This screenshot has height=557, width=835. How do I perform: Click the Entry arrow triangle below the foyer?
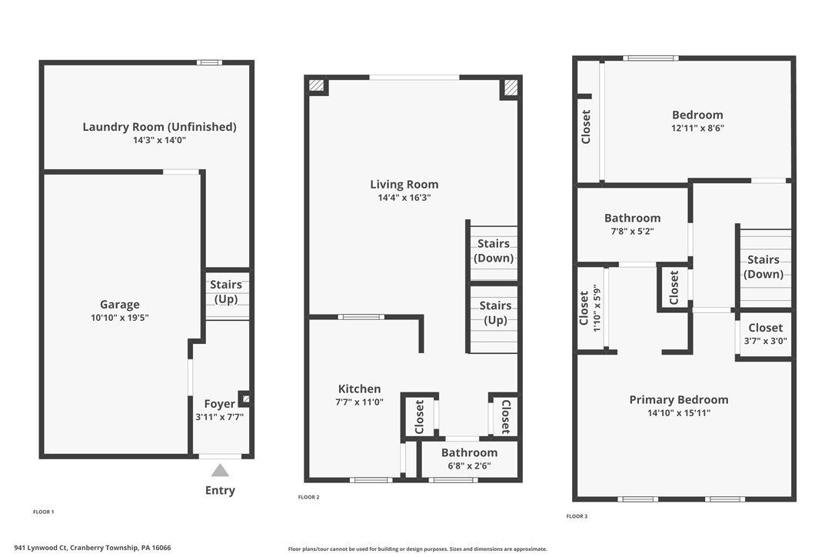click(x=220, y=470)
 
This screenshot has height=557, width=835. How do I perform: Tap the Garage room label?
click(x=120, y=304)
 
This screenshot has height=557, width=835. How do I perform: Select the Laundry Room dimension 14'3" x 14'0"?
click(x=159, y=140)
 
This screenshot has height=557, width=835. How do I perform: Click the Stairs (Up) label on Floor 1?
click(x=226, y=292)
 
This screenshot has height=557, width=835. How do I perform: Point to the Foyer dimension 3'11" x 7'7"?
click(x=219, y=417)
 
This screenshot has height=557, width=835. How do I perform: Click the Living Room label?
click(x=404, y=184)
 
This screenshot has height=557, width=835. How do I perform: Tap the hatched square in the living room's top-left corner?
click(x=316, y=85)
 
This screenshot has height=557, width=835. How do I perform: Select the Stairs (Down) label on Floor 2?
click(x=494, y=251)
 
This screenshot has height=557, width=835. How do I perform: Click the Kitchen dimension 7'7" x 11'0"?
click(x=360, y=402)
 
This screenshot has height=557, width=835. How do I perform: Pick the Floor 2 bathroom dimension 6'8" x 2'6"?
click(x=469, y=465)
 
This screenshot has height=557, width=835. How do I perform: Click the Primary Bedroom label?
click(x=679, y=399)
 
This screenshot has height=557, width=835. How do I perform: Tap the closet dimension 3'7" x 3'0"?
click(x=765, y=341)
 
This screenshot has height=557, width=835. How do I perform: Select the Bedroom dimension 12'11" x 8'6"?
click(x=697, y=128)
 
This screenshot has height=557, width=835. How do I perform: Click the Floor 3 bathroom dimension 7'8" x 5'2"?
click(x=632, y=231)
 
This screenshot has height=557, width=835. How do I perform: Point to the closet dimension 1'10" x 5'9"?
click(x=595, y=307)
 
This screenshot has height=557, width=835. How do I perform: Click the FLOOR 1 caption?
click(x=43, y=512)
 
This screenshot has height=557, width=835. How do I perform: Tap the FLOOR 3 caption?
click(x=577, y=516)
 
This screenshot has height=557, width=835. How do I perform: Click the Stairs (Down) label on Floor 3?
click(x=763, y=267)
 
